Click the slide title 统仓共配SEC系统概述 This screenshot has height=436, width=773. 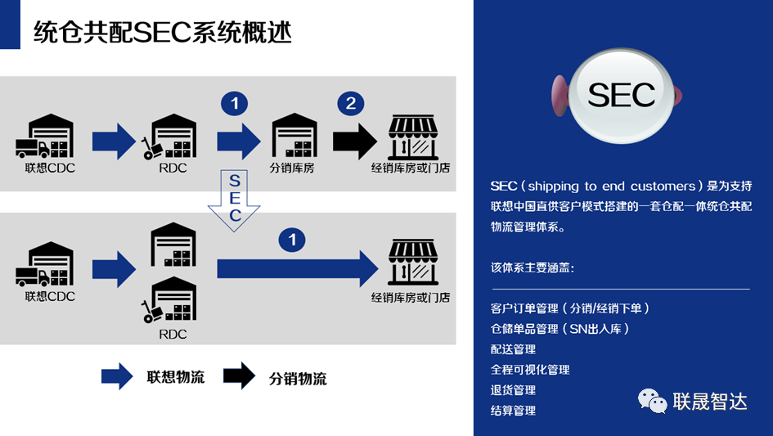point(163,33)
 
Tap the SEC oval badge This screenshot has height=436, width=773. point(622,95)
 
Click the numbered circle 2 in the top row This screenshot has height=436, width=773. point(351,103)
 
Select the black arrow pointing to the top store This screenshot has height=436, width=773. point(355,140)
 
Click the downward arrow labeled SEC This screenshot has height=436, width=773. point(234,200)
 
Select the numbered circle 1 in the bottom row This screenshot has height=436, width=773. point(292,239)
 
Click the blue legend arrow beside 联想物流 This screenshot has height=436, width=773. point(117,376)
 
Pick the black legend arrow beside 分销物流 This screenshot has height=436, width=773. point(239,376)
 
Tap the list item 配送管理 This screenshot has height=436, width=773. point(513,349)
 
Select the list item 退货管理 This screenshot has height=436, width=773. point(513,390)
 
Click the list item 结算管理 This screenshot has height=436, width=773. point(513,411)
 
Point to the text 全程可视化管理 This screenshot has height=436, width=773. point(530,370)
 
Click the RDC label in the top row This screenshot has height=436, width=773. point(173,169)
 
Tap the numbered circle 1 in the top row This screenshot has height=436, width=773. point(235,103)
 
